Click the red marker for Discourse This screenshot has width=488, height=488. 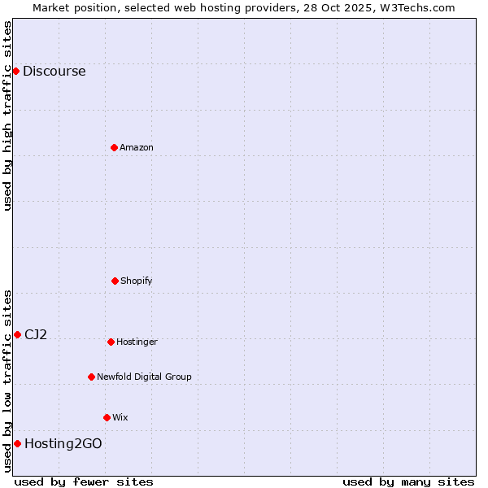pyautogui.click(x=15, y=71)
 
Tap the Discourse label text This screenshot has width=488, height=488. pyautogui.click(x=54, y=72)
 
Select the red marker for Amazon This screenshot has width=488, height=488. pyautogui.click(x=114, y=147)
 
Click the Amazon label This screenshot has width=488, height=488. pyautogui.click(x=137, y=148)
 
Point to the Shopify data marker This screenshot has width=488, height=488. pyautogui.click(x=115, y=281)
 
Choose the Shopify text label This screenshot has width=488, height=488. pyautogui.click(x=137, y=281)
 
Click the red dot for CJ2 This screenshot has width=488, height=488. pyautogui.click(x=17, y=334)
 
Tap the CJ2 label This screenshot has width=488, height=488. pyautogui.click(x=36, y=335)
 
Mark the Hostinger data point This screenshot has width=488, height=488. pyautogui.click(x=111, y=342)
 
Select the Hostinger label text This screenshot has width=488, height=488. pyautogui.click(x=137, y=342)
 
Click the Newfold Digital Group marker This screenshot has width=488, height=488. pyautogui.click(x=91, y=377)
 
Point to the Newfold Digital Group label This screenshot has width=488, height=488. pyautogui.click(x=144, y=377)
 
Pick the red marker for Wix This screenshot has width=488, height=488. pyautogui.click(x=107, y=417)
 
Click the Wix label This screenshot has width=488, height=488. pyautogui.click(x=120, y=418)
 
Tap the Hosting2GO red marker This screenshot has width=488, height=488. pyautogui.click(x=17, y=443)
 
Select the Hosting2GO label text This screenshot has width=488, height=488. pyautogui.click(x=63, y=444)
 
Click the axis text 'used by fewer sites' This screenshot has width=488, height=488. pyautogui.click(x=84, y=481)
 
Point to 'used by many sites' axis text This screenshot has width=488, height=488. pyautogui.click(x=408, y=481)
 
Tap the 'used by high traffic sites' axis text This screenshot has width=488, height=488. pyautogui.click(x=8, y=115)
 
